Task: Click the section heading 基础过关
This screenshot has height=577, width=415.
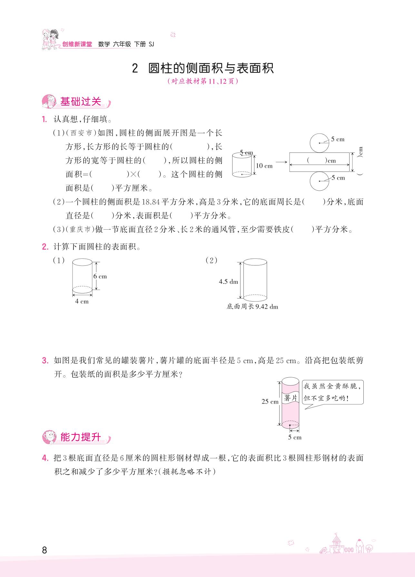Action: click(81, 102)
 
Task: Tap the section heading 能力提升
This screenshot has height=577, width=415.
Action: click(81, 437)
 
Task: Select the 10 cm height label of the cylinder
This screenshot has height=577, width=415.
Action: click(264, 166)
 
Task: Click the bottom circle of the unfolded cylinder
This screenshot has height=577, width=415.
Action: click(320, 181)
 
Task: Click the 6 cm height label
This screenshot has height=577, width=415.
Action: click(100, 276)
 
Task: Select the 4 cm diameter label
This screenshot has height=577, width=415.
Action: click(82, 302)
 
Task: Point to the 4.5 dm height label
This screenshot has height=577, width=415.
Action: click(228, 282)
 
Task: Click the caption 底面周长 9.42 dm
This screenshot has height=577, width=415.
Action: click(252, 307)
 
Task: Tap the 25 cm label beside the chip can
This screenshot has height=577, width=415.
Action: click(270, 402)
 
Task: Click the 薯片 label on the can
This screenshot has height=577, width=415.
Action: click(291, 398)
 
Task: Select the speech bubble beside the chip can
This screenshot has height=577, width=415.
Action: click(333, 392)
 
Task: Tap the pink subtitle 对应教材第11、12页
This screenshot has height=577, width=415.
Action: click(203, 81)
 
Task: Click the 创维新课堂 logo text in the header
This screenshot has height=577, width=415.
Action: click(77, 45)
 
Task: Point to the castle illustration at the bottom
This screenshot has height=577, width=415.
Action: click(336, 543)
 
